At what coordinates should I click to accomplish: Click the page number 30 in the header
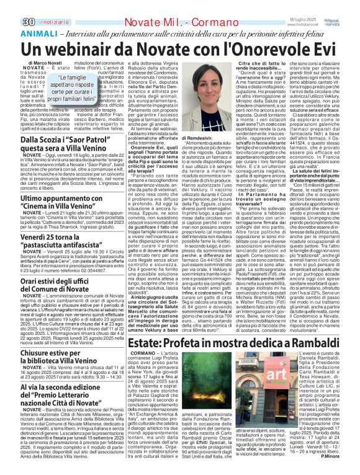pyautogui.click(x=10, y=6)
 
